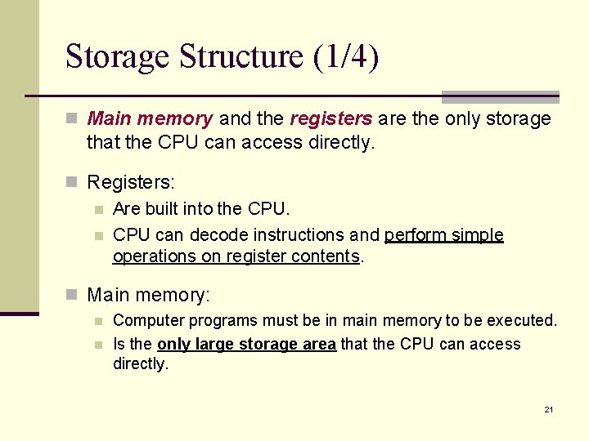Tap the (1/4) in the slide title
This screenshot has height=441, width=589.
(344, 57)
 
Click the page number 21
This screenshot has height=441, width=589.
(549, 409)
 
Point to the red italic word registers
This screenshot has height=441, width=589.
(331, 119)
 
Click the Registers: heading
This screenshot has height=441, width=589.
(131, 181)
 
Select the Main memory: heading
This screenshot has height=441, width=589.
(149, 294)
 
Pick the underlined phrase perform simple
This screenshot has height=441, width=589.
(444, 235)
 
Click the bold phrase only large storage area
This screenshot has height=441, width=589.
(246, 344)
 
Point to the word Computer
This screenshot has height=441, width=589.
(144, 321)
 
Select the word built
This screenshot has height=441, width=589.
(163, 210)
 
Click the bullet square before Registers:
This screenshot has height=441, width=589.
(72, 181)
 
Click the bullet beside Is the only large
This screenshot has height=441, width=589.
(98, 345)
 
